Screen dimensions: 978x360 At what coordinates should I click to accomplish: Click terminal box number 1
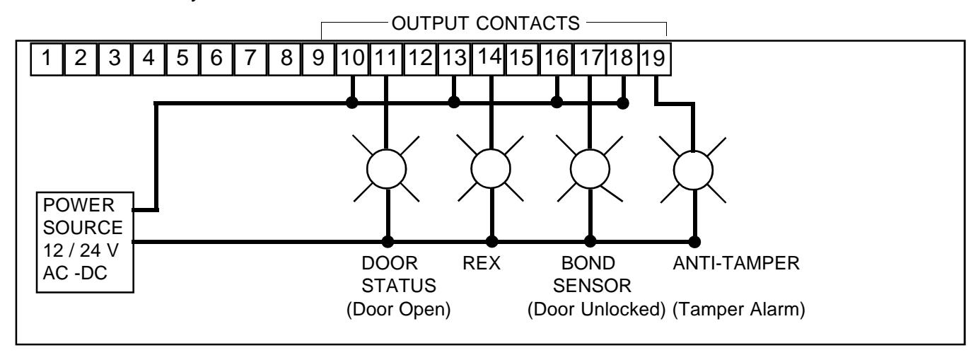pos(47,59)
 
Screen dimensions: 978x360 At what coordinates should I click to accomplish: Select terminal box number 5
pos(182,59)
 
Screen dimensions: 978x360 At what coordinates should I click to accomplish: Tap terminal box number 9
pos(318,59)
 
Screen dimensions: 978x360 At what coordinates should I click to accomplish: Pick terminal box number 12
pos(421,59)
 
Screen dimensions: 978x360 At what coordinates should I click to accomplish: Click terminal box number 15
pos(522,59)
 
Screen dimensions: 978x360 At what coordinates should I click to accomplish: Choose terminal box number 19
pos(655,59)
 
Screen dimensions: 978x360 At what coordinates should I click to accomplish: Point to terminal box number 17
pos(590,59)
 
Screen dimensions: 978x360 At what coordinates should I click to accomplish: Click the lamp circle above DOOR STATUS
pos(386,169)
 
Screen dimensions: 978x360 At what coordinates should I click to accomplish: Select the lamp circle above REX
pos(491,168)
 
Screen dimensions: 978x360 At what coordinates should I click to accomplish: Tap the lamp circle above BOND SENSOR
pos(590,169)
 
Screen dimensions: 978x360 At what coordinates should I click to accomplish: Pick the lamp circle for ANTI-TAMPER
pos(693,170)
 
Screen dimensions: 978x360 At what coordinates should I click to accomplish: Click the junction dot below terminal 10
pos(352,103)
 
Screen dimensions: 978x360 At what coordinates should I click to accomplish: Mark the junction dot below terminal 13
pos(454,103)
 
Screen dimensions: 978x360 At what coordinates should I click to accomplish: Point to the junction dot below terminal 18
pos(623,103)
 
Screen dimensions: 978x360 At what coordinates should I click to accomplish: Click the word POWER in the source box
pos(78,205)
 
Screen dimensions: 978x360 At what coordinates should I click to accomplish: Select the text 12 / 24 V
pos(81,251)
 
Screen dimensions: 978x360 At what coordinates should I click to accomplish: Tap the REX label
pos(482,263)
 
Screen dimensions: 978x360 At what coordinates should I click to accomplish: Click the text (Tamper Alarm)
pos(739,309)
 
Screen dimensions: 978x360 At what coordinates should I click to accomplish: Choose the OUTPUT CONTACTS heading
pos(486,23)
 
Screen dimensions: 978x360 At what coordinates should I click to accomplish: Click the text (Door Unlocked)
pos(596,309)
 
